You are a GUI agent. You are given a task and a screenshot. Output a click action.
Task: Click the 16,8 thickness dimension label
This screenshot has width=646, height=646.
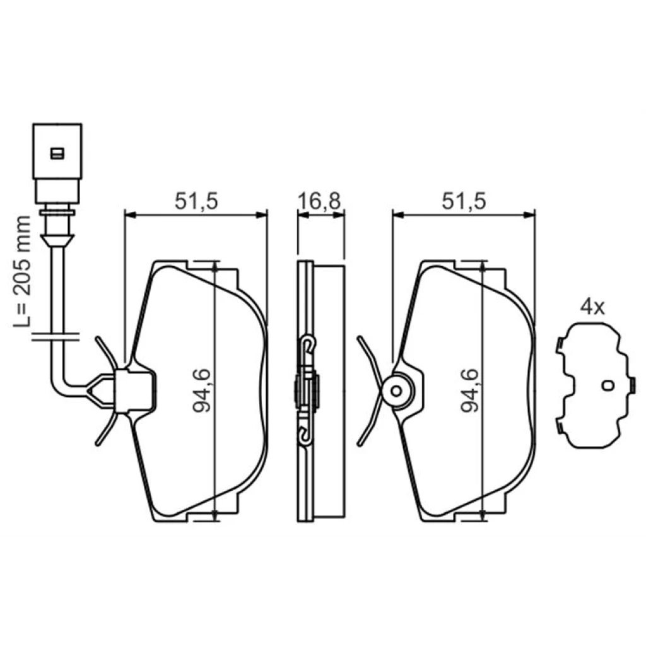320,201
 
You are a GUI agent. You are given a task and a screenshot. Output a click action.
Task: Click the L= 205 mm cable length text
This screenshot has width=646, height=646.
22,272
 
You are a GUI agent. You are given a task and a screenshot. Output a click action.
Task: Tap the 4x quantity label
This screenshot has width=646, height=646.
592,307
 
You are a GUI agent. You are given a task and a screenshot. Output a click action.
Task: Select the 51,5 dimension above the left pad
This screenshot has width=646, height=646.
196,201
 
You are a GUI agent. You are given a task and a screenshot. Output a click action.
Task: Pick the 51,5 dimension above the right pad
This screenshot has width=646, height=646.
464,201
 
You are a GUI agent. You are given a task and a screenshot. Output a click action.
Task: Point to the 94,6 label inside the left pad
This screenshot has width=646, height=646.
202,391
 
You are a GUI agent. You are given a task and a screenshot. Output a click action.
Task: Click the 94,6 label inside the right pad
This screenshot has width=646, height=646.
469,391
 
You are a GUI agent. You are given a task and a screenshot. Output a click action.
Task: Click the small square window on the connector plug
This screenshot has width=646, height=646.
57,154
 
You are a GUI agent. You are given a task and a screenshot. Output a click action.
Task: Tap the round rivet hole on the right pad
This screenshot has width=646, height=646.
396,391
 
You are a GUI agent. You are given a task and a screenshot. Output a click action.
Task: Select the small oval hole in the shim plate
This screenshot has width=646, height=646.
608,385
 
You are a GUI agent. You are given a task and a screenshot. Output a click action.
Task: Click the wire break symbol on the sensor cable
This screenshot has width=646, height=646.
56,337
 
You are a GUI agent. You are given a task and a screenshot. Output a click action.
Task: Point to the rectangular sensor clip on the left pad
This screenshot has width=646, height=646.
135,391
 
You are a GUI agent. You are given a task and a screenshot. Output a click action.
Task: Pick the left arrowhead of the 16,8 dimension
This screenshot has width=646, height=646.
303,214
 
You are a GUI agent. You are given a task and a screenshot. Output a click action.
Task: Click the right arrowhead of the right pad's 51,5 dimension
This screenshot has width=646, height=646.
529,214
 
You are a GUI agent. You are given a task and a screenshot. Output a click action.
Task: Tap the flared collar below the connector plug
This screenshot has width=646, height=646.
57,240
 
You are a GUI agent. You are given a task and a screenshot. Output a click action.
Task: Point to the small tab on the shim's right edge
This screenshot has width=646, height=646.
633,385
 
